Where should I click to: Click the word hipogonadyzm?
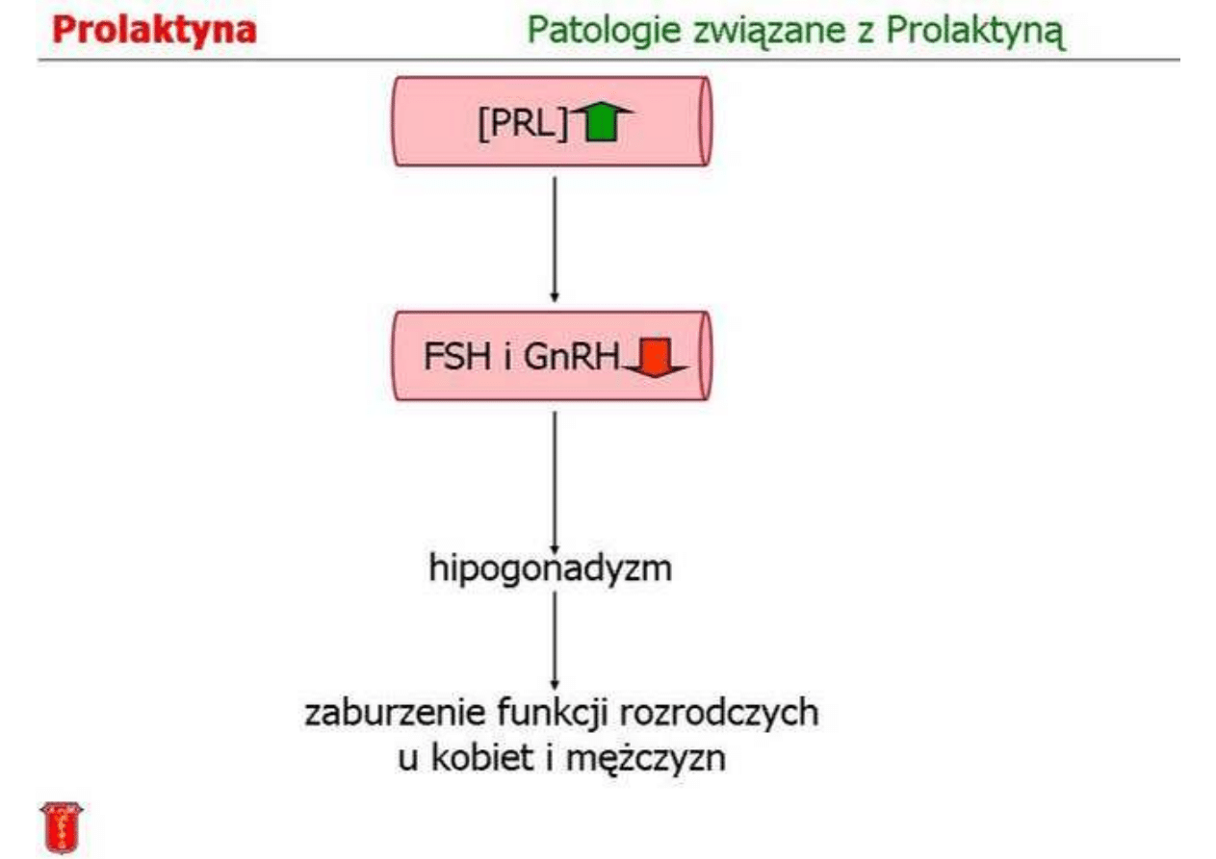tap(550, 568)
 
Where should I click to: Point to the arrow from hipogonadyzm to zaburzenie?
tap(554, 639)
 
